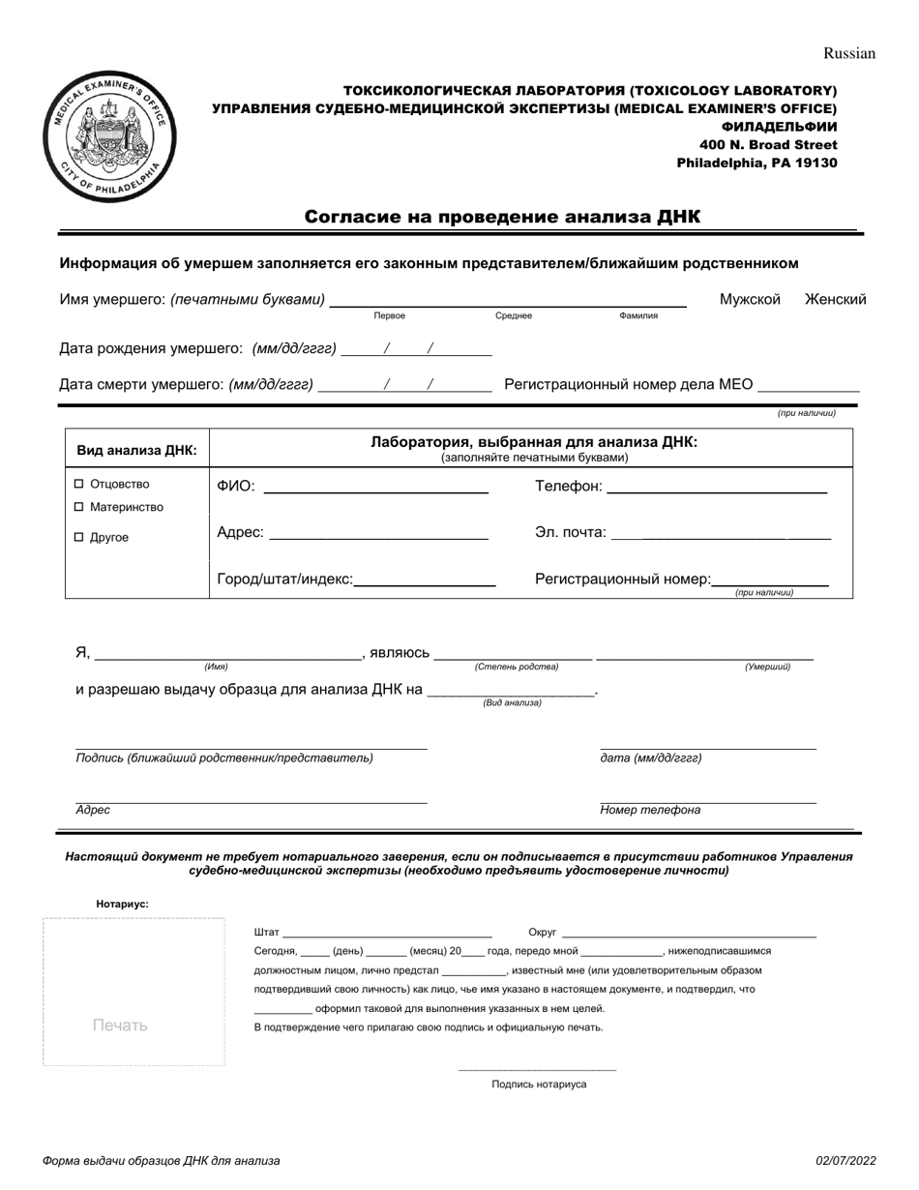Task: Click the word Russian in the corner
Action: coord(848,53)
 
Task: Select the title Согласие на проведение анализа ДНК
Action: coord(502,217)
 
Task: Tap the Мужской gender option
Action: coord(749,300)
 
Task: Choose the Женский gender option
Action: coord(835,300)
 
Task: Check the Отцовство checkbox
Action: coord(80,484)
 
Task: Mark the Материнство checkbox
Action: coord(80,507)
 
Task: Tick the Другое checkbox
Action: coord(80,537)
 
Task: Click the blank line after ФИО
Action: coord(375,488)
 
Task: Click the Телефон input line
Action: coord(716,488)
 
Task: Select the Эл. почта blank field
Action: coord(721,533)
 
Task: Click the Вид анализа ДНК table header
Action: coord(136,450)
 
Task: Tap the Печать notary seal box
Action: coord(133,992)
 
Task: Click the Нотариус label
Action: coord(122,904)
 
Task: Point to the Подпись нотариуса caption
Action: coord(539,1085)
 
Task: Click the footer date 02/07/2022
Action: coord(845,1161)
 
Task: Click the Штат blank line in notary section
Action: coord(387,933)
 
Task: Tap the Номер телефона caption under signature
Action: coord(650,811)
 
